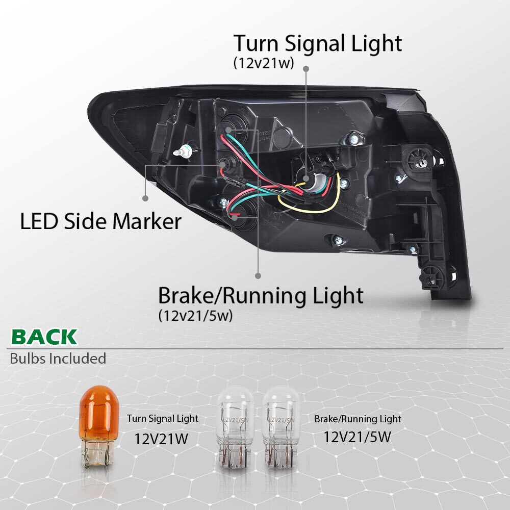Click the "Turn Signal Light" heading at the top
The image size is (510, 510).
[x=317, y=43]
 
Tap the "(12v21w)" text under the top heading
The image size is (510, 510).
[x=264, y=63]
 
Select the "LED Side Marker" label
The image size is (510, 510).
[x=100, y=221]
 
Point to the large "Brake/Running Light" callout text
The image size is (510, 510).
[x=261, y=296]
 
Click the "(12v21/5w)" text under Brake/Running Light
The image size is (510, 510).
[x=195, y=316]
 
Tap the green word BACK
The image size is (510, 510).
[x=44, y=337]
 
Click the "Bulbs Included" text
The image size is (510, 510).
[x=58, y=359]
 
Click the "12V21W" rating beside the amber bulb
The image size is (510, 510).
[x=161, y=439]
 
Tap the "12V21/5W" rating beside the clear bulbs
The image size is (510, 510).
[x=357, y=437]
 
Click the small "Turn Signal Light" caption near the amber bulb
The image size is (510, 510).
[x=162, y=418]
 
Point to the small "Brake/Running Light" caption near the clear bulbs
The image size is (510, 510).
[x=358, y=419]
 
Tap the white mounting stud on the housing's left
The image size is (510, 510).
[x=184, y=151]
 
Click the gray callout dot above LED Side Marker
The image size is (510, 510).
[x=145, y=198]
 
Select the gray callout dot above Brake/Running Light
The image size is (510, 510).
[x=258, y=276]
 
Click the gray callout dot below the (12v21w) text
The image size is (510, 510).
[x=305, y=69]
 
